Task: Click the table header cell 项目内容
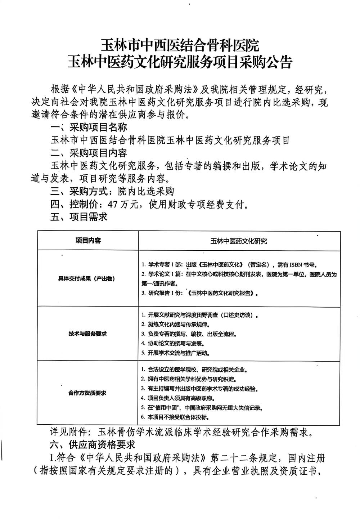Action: [x=88, y=241]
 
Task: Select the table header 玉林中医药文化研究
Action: [x=239, y=241]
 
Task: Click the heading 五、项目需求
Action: [x=79, y=217]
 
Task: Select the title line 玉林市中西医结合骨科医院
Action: [x=180, y=46]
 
